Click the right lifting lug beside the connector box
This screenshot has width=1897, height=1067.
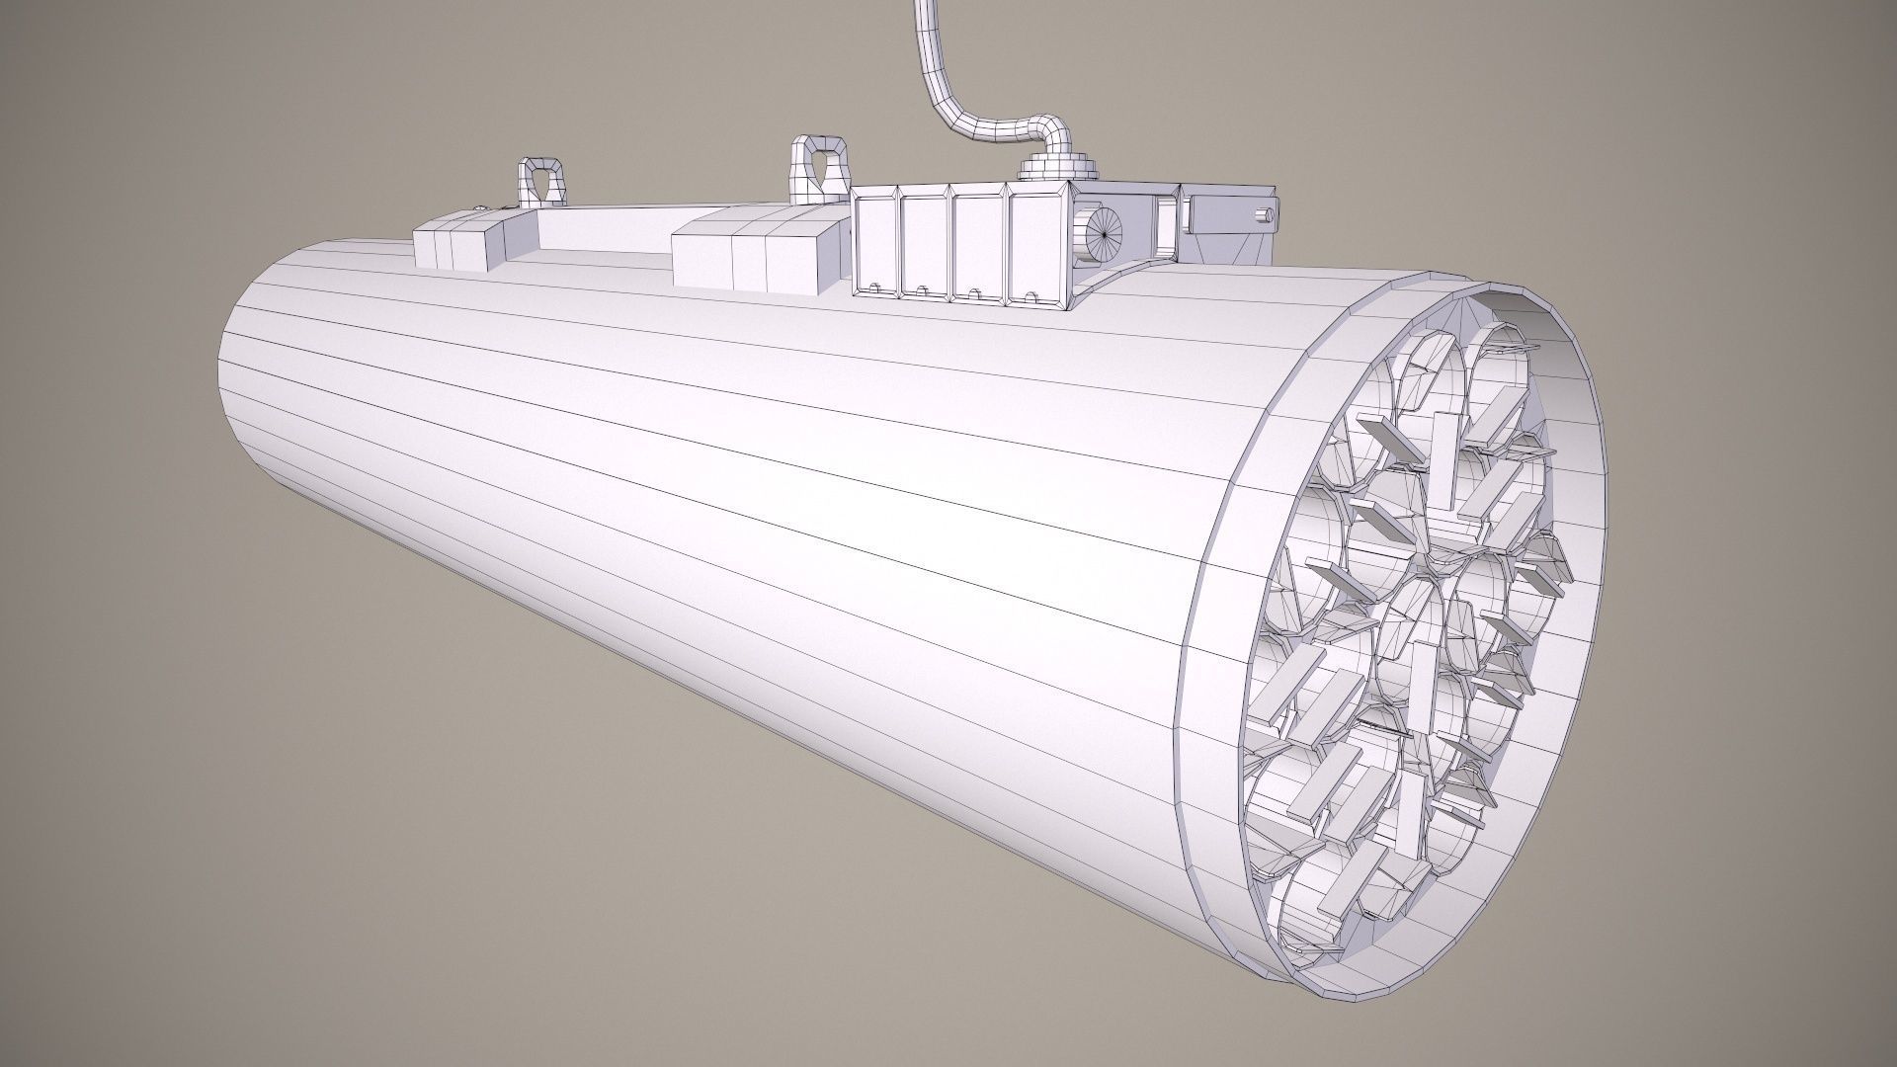point(819,165)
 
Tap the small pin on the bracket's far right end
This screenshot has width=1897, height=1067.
point(1262,214)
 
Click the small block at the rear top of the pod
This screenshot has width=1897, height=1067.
point(457,245)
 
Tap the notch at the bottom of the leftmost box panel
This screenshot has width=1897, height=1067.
point(874,288)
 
